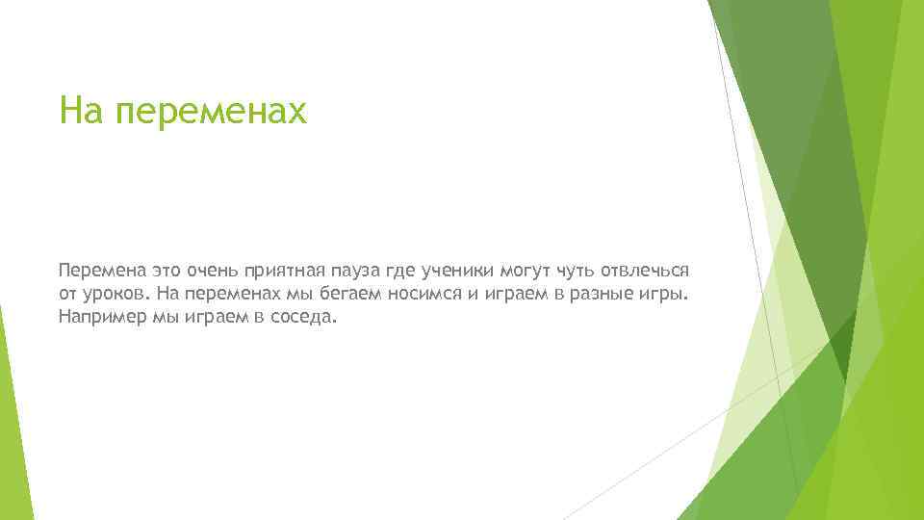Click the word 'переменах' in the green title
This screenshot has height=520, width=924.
click(210, 111)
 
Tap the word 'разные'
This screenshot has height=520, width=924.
click(598, 292)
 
